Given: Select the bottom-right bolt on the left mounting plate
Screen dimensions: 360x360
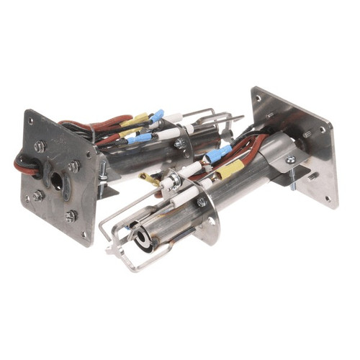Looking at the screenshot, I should point(71,214).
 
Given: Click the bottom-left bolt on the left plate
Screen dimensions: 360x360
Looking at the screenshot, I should point(37,195).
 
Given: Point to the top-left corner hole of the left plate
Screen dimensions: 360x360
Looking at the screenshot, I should point(30,119).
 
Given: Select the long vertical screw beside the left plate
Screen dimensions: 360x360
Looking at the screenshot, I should point(104,174).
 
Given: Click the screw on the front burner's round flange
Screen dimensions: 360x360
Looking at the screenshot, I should point(202,202).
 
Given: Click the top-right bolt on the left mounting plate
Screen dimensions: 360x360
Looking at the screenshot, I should point(73,166).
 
